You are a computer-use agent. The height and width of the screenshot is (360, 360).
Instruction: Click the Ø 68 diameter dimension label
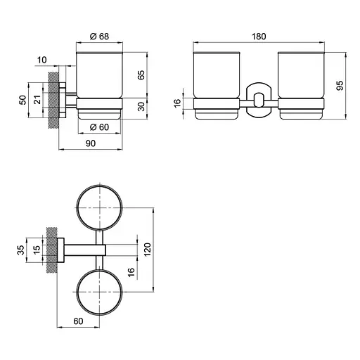pyautogui.click(x=99, y=37)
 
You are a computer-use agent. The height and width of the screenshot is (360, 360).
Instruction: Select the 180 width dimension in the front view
pyautogui.click(x=259, y=37)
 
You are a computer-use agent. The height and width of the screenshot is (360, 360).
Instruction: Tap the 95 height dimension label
pyautogui.click(x=340, y=85)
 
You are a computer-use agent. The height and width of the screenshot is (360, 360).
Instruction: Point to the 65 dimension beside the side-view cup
pyautogui.click(x=141, y=75)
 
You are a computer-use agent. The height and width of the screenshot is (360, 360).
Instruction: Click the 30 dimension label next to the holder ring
pyautogui.click(x=141, y=107)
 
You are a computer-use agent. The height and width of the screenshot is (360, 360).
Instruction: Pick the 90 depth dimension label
pyautogui.click(x=91, y=143)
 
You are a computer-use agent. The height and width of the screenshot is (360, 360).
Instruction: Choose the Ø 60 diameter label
pyautogui.click(x=99, y=127)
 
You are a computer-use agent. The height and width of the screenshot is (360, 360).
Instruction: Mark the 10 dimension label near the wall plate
pyautogui.click(x=41, y=60)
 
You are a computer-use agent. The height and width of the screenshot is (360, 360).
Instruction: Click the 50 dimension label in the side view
pyautogui.click(x=22, y=100)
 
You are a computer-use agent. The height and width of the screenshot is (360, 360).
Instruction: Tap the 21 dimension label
pyautogui.click(x=37, y=100)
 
